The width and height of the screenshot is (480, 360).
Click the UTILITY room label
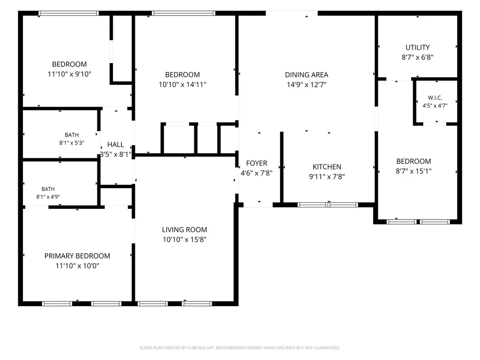pyautogui.click(x=418, y=47)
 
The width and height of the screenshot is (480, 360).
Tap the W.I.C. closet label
pyautogui.click(x=435, y=98)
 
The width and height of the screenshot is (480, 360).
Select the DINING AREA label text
pyautogui.click(x=306, y=75)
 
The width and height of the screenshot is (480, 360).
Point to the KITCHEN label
pyautogui.click(x=326, y=167)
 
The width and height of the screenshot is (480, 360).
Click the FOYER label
pyautogui.click(x=257, y=163)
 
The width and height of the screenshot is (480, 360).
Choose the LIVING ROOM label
pyautogui.click(x=185, y=229)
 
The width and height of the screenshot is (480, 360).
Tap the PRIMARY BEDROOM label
pyautogui.click(x=77, y=256)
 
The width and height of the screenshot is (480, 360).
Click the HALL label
pyautogui.click(x=115, y=145)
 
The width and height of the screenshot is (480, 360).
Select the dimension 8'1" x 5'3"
pyautogui.click(x=72, y=143)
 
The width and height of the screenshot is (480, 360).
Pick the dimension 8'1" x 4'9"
pyautogui.click(x=48, y=197)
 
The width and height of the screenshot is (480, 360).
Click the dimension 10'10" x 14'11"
pyautogui.click(x=183, y=84)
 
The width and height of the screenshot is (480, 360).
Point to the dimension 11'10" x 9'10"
pyautogui.click(x=69, y=74)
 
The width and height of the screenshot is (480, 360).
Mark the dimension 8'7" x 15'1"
pyautogui.click(x=414, y=171)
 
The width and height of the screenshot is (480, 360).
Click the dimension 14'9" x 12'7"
pyautogui.click(x=306, y=84)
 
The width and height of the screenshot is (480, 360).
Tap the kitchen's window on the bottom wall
pyautogui.click(x=327, y=205)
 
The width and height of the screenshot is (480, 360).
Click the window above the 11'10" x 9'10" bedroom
pyautogui.click(x=68, y=13)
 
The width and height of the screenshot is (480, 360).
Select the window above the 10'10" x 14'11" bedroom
pyautogui.click(x=184, y=13)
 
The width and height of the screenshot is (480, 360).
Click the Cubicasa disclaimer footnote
pyautogui.click(x=240, y=348)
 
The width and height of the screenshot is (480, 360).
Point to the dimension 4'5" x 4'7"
pyautogui.click(x=435, y=106)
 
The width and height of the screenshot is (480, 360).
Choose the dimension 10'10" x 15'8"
pyautogui.click(x=185, y=239)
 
